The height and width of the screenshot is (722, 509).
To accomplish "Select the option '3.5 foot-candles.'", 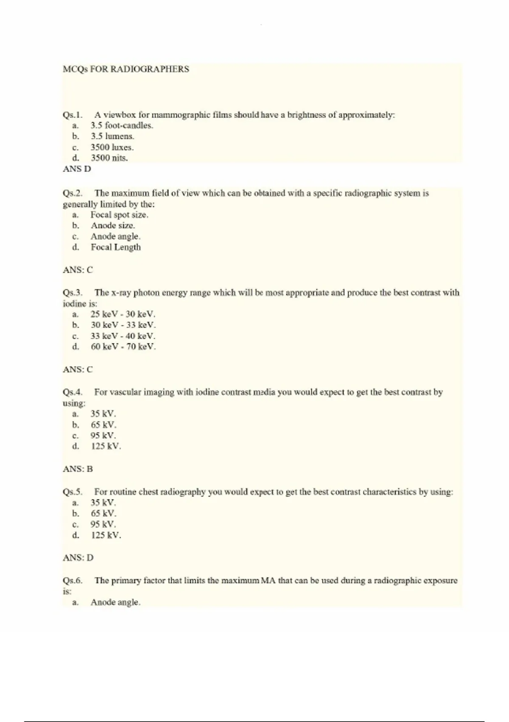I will [x=122, y=126].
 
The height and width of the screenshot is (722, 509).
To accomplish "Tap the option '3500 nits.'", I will [x=109, y=158].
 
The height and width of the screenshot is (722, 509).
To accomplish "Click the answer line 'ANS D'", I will [x=77, y=169].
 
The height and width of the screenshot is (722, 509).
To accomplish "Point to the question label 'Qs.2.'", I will [x=73, y=193].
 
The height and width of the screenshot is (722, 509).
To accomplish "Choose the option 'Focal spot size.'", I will [x=119, y=215].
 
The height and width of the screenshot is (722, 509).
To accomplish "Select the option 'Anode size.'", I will [x=112, y=226].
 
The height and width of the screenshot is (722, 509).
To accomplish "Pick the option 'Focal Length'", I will [x=115, y=247].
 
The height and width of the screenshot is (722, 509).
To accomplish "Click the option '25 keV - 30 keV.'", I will [x=123, y=314].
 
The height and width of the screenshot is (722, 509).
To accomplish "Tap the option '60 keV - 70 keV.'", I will [x=123, y=347].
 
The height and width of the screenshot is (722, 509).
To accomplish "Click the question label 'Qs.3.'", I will [x=73, y=293].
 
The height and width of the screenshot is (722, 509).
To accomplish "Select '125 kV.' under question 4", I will [x=106, y=446].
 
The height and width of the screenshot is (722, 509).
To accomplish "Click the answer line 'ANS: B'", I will [x=78, y=469].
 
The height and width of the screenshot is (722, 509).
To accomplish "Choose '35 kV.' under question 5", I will [x=103, y=503].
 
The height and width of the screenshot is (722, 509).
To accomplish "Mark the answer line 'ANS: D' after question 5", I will [x=78, y=558].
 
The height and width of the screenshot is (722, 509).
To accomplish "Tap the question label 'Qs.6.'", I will [x=73, y=581].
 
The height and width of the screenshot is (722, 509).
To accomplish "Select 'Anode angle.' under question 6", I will [x=115, y=602].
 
